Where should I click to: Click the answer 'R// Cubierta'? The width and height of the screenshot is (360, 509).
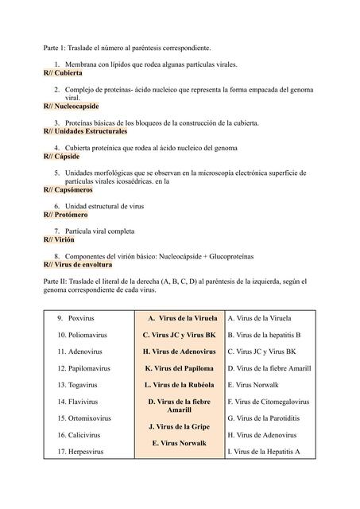click(x=63, y=72)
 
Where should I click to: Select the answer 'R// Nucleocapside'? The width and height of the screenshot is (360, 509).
click(x=71, y=106)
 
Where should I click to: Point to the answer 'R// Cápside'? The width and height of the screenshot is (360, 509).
click(x=61, y=157)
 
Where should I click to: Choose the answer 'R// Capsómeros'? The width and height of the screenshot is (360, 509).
click(x=68, y=190)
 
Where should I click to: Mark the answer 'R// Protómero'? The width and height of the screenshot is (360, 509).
click(x=65, y=215)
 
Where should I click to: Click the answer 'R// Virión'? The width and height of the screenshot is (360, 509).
click(x=59, y=239)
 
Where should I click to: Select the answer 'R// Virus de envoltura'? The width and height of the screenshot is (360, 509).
click(x=77, y=264)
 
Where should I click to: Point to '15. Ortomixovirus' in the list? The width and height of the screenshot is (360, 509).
click(x=83, y=418)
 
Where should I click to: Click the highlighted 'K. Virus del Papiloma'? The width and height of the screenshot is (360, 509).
click(x=179, y=368)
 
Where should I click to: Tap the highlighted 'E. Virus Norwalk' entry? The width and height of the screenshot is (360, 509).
click(x=179, y=443)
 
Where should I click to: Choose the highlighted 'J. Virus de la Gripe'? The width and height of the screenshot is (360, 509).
click(x=179, y=427)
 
